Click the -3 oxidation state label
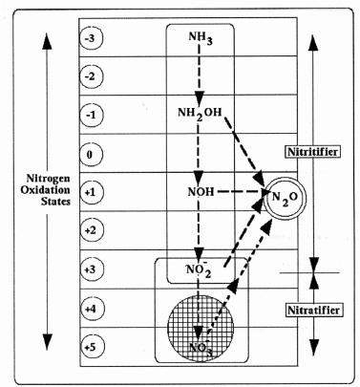[91, 39]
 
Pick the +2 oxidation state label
[91, 229]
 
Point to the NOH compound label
[200, 192]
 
